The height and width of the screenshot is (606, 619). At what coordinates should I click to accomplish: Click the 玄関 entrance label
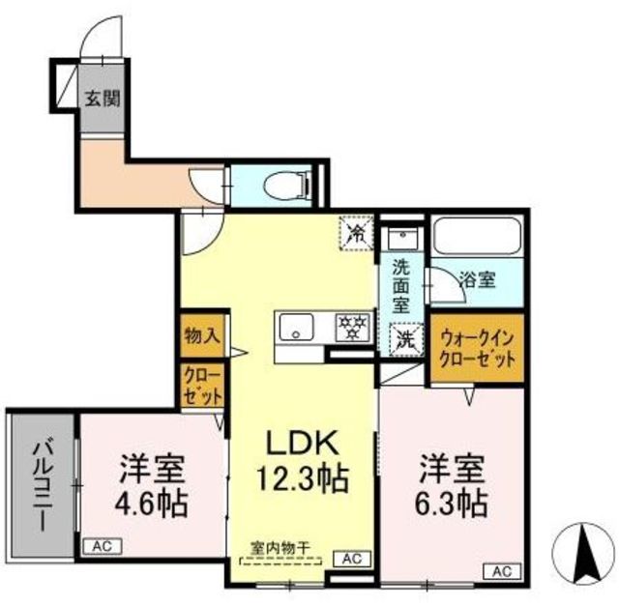(x=103, y=98)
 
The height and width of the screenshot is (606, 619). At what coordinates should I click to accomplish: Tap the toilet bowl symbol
(x=286, y=186)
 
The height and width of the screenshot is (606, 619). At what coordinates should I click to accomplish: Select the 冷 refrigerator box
(x=356, y=232)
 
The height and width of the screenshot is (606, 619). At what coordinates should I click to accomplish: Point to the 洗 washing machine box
(x=406, y=339)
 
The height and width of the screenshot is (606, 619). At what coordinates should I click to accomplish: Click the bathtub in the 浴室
(x=477, y=236)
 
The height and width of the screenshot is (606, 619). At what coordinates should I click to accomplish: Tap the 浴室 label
(x=478, y=280)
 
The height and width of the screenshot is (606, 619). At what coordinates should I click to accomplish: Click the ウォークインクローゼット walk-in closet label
(x=477, y=349)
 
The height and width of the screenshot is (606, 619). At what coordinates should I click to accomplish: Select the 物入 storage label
(x=202, y=336)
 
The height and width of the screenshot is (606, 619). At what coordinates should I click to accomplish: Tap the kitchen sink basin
(x=296, y=328)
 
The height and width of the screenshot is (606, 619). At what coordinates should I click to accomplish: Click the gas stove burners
(x=352, y=327)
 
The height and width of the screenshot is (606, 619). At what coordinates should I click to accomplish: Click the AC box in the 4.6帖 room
(x=103, y=546)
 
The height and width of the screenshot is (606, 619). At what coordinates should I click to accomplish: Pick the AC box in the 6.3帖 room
(x=502, y=571)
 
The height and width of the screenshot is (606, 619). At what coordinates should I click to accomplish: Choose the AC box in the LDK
(x=352, y=559)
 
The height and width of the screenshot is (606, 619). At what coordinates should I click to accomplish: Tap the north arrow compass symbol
(x=583, y=554)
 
